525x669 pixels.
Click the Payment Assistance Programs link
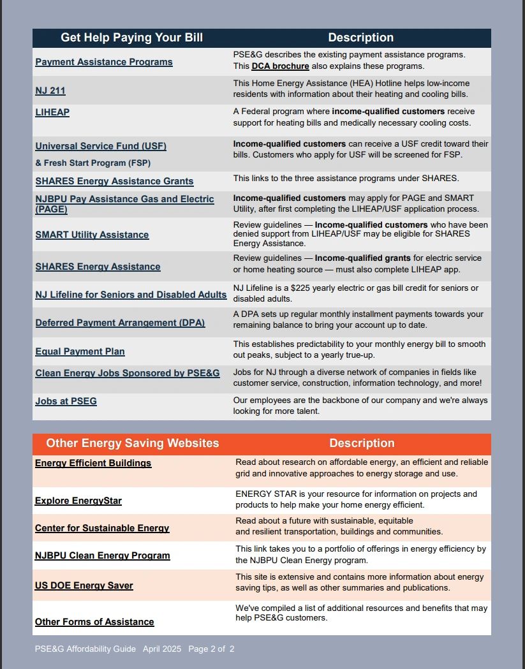coord(104,62)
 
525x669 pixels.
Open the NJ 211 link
coord(50,91)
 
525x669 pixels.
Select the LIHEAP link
coord(52,112)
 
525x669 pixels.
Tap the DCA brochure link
coord(280,66)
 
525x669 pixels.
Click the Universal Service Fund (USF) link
coord(101,146)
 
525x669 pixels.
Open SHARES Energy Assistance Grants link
coord(114,181)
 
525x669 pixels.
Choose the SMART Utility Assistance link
coord(92,235)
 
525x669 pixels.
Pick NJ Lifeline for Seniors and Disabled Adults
coord(131,295)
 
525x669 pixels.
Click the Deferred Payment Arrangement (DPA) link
coord(120,323)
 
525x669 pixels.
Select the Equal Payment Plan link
coord(80,351)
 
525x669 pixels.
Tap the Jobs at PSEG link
coord(66,401)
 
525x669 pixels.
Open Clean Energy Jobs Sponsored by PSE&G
coord(128,373)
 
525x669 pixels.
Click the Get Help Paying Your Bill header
coord(131,38)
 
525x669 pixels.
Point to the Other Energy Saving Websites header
coord(133,443)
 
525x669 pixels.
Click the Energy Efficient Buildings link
coord(93,463)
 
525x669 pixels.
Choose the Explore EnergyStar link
coord(78,501)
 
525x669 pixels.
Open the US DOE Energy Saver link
coord(84,585)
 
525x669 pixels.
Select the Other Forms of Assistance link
coord(94,622)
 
